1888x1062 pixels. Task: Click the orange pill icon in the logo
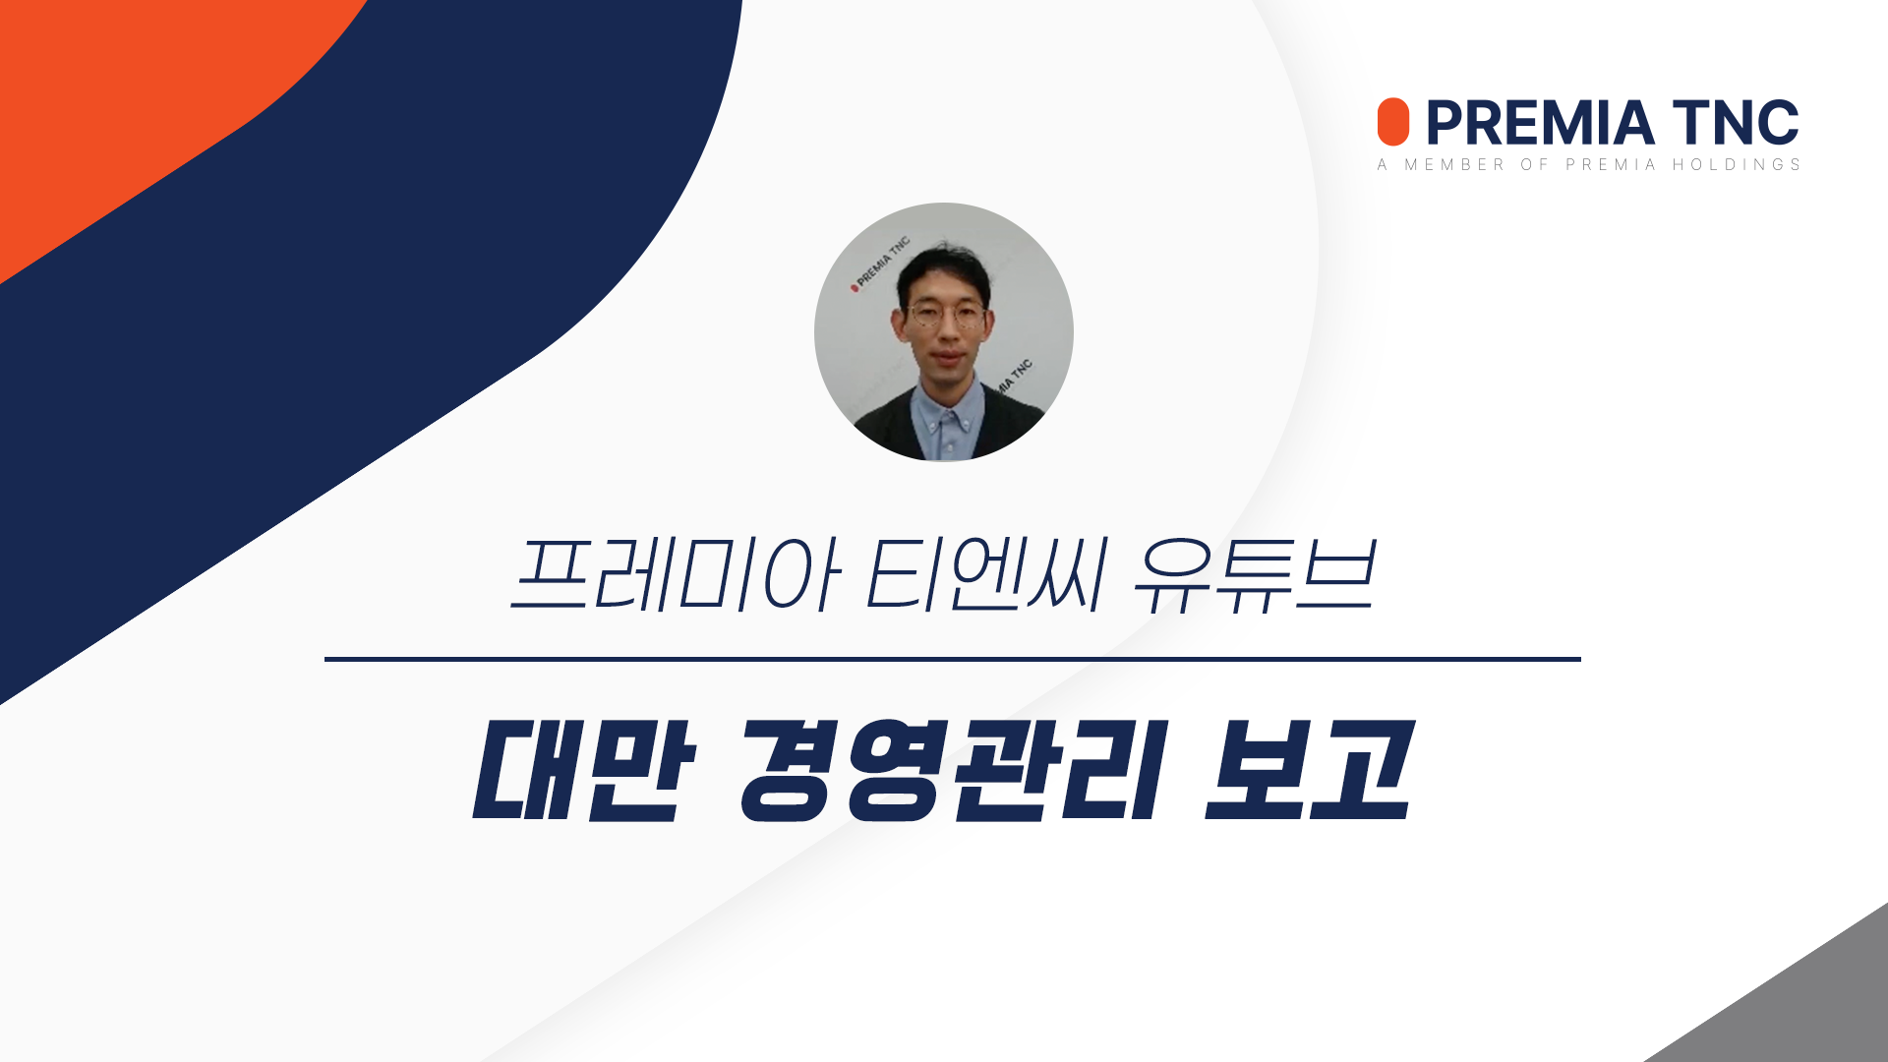(1392, 122)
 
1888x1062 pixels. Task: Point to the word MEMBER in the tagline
(1454, 164)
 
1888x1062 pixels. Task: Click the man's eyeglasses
(945, 316)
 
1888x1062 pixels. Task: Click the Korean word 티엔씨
(986, 574)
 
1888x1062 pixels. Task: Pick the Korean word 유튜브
(1254, 576)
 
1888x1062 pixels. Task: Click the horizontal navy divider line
(953, 659)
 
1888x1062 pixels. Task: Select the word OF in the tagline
(1535, 164)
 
